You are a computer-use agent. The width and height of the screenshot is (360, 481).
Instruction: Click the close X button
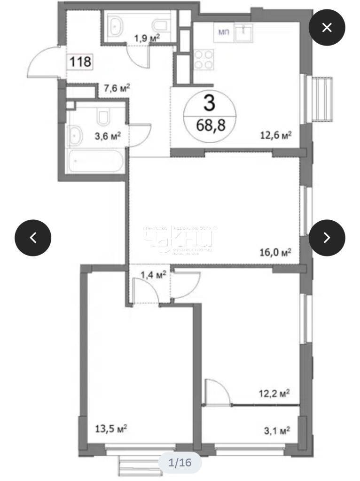(327, 27)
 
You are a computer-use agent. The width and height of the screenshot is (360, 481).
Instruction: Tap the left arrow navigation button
(33, 237)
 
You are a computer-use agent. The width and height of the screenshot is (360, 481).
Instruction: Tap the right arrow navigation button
(327, 237)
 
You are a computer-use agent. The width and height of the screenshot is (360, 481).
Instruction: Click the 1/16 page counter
(180, 463)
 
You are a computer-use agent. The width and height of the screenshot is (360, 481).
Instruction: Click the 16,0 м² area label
(276, 253)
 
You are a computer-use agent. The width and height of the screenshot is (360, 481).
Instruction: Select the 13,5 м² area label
(111, 428)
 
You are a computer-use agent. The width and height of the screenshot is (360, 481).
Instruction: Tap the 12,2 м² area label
(273, 393)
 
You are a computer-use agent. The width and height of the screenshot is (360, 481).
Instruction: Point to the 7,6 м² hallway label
(116, 88)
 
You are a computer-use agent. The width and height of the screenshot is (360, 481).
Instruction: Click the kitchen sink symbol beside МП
(244, 31)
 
